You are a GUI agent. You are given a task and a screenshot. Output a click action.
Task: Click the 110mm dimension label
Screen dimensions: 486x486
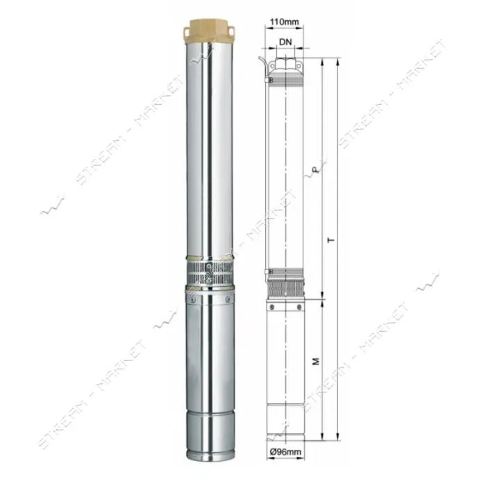(285, 22)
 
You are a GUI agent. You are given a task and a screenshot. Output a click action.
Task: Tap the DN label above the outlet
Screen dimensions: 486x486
(285, 42)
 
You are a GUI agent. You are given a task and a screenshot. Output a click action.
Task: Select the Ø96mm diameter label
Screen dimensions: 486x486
(285, 452)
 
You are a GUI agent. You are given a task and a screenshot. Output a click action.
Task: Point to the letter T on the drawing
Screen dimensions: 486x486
(332, 240)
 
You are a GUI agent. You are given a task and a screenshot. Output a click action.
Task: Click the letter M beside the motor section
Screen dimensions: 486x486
(316, 361)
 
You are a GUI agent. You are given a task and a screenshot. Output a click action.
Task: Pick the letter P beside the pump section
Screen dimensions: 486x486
(315, 169)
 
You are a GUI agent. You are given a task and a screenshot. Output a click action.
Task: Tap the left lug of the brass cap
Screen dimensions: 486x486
(187, 32)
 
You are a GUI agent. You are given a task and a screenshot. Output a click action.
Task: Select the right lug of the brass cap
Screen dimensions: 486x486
(233, 31)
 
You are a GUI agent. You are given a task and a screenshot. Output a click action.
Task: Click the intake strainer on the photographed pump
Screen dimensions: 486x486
(210, 273)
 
